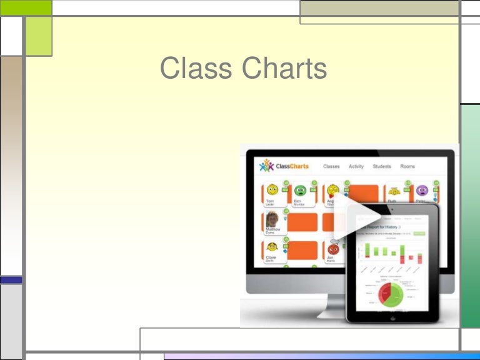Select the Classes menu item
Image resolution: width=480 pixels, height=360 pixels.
(x=331, y=166)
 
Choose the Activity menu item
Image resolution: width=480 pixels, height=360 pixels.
(x=356, y=166)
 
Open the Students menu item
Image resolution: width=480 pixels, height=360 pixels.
(x=382, y=166)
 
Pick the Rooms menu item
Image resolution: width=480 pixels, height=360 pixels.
(x=407, y=166)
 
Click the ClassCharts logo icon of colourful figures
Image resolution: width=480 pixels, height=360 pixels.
(x=267, y=166)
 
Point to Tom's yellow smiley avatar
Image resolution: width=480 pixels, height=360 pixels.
(x=272, y=190)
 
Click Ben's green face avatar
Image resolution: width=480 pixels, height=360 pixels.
(x=300, y=190)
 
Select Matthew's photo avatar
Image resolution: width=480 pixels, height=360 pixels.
(x=272, y=219)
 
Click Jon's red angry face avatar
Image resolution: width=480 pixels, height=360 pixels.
(x=332, y=249)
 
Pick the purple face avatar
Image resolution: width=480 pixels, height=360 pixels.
(x=422, y=190)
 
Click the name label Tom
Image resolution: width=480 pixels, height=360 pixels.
(x=270, y=201)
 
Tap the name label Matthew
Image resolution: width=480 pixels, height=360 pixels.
(x=274, y=229)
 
